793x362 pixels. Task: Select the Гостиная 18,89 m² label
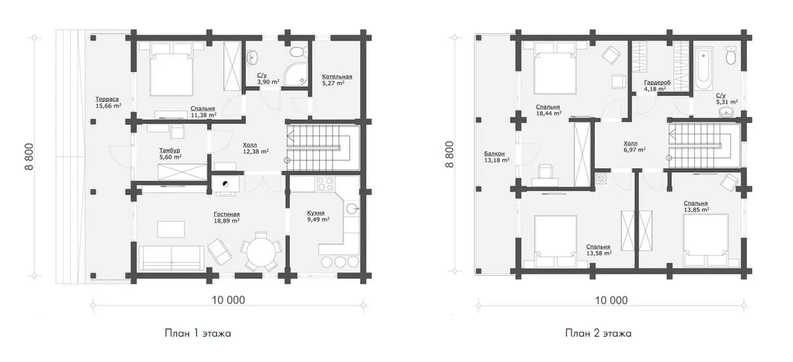227,218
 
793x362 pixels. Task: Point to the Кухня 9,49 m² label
318,216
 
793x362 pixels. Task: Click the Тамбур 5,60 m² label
171,154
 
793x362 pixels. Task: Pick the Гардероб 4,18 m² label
657,86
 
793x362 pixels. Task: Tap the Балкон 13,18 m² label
497,157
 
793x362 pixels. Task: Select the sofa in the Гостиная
171,258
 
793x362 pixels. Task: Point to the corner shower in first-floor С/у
295,73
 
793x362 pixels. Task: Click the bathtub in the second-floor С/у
703,69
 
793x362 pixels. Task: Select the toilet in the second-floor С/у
730,56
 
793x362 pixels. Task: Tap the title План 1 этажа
198,334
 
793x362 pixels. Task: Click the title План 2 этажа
598,334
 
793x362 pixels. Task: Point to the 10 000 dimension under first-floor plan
228,300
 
